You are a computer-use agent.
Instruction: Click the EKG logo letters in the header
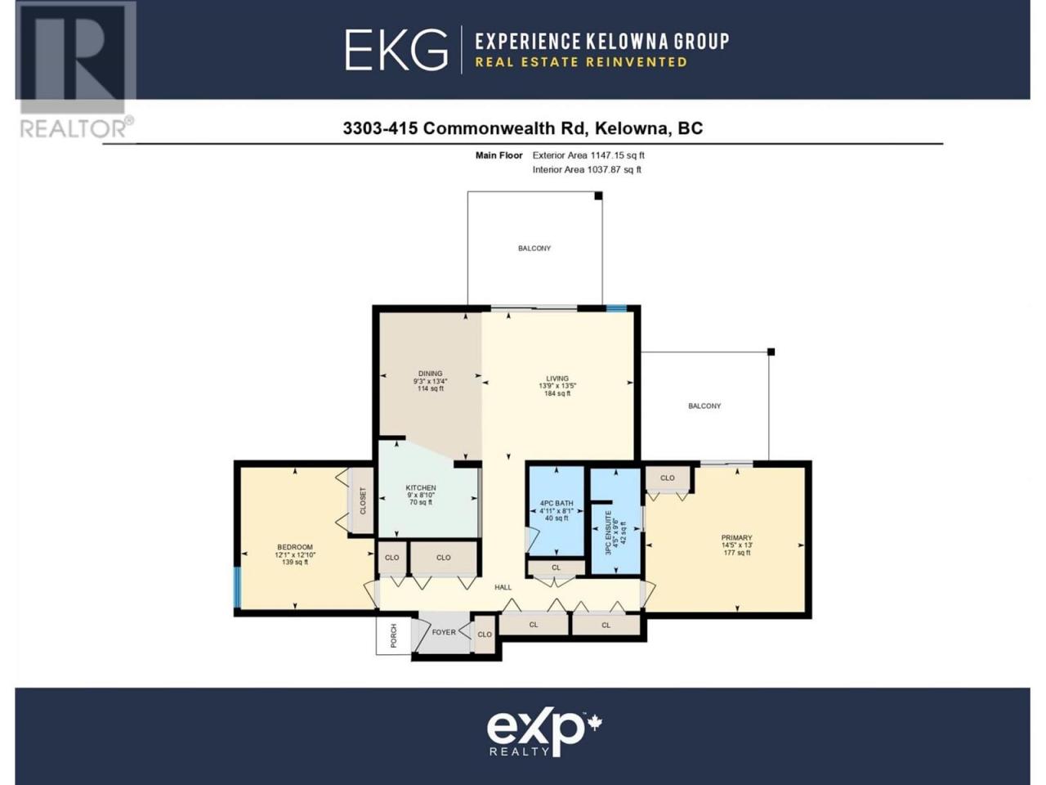tap(396, 50)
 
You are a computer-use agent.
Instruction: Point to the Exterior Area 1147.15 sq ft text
tap(588, 155)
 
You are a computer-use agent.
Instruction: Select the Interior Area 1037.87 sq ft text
tap(587, 170)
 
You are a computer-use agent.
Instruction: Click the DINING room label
tap(431, 374)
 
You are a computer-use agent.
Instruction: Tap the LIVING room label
tap(557, 379)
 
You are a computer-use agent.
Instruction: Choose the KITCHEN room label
tap(421, 487)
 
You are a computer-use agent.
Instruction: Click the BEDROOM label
tap(295, 547)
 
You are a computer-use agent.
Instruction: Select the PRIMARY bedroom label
tap(737, 537)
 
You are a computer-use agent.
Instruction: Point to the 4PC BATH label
tap(557, 504)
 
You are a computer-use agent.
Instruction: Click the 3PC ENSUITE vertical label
tap(608, 533)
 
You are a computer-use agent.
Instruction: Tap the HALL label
tap(503, 587)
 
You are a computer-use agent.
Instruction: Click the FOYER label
tap(444, 632)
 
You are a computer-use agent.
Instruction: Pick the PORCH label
tap(394, 635)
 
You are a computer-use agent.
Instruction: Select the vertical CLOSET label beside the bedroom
tap(363, 500)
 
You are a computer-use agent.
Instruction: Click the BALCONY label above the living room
tap(534, 249)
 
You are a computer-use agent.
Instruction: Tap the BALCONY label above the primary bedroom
tap(704, 406)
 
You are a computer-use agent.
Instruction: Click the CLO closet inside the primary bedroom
tap(667, 478)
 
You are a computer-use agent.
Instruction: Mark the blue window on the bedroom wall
tap(237, 587)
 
